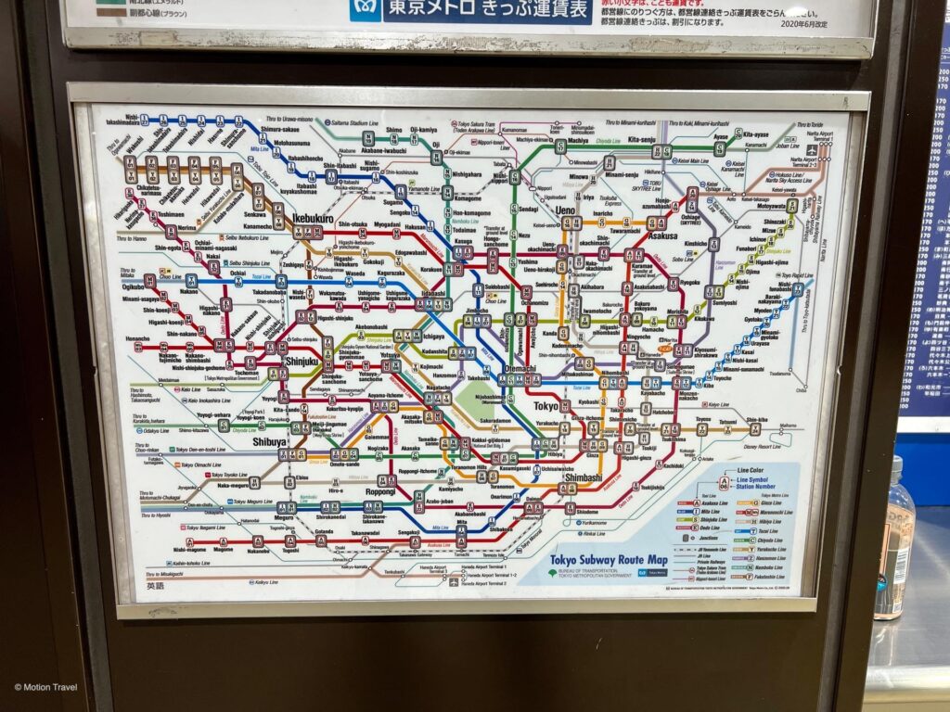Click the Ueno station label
(565, 210)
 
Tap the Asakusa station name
(662, 235)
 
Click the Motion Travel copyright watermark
(45, 687)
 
